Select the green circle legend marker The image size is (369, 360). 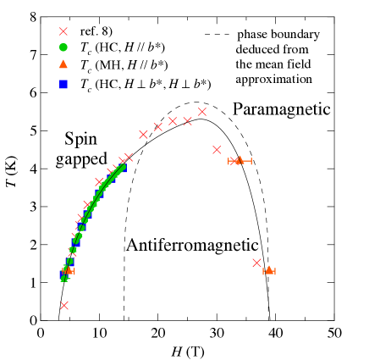click(63, 47)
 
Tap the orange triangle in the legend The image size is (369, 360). click(63, 64)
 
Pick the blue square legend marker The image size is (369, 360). click(63, 84)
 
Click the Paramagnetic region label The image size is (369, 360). click(281, 109)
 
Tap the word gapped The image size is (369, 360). click(81, 158)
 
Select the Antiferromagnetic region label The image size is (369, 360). click(191, 246)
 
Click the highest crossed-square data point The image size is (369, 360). click(202, 112)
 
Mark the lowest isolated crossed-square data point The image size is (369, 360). click(64, 305)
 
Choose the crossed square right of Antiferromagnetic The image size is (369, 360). click(256, 263)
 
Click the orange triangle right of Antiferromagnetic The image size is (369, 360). click(268, 270)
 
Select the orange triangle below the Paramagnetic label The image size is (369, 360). click(240, 159)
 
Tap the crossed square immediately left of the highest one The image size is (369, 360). click(187, 120)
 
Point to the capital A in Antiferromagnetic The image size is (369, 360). click(132, 246)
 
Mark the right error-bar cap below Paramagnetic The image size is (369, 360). click(251, 160)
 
